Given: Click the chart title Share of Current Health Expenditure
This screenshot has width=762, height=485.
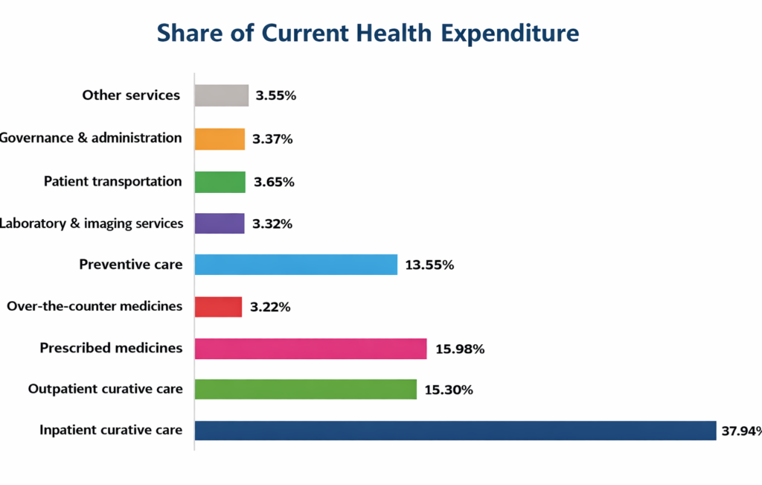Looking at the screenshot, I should [368, 34].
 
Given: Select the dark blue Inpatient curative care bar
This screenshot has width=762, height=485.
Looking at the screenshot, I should [455, 430].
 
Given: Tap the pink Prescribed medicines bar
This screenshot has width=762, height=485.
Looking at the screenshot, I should [310, 349].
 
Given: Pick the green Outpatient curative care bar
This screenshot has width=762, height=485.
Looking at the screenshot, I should [305, 389].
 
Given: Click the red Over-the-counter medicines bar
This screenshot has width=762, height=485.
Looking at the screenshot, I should [218, 307].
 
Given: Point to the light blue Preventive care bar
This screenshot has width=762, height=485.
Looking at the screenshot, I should [295, 264].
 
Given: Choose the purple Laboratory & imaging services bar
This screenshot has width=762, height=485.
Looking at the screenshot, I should [220, 224].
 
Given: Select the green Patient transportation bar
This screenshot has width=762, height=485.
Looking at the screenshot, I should [220, 182].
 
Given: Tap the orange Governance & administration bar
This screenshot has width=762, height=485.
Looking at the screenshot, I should [220, 139].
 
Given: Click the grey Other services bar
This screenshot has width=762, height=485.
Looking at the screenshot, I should [221, 95].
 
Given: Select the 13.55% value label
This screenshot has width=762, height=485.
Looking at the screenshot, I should [429, 264].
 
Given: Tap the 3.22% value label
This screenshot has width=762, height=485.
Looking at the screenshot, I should [271, 307].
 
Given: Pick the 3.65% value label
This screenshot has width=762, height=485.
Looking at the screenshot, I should [275, 182].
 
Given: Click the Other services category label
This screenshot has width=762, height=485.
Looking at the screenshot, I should [131, 95].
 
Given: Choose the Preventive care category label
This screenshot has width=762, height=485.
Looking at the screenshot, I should [131, 264].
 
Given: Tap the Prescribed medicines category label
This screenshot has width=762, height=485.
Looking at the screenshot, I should [111, 348].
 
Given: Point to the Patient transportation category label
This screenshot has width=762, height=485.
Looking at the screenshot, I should [112, 182].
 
